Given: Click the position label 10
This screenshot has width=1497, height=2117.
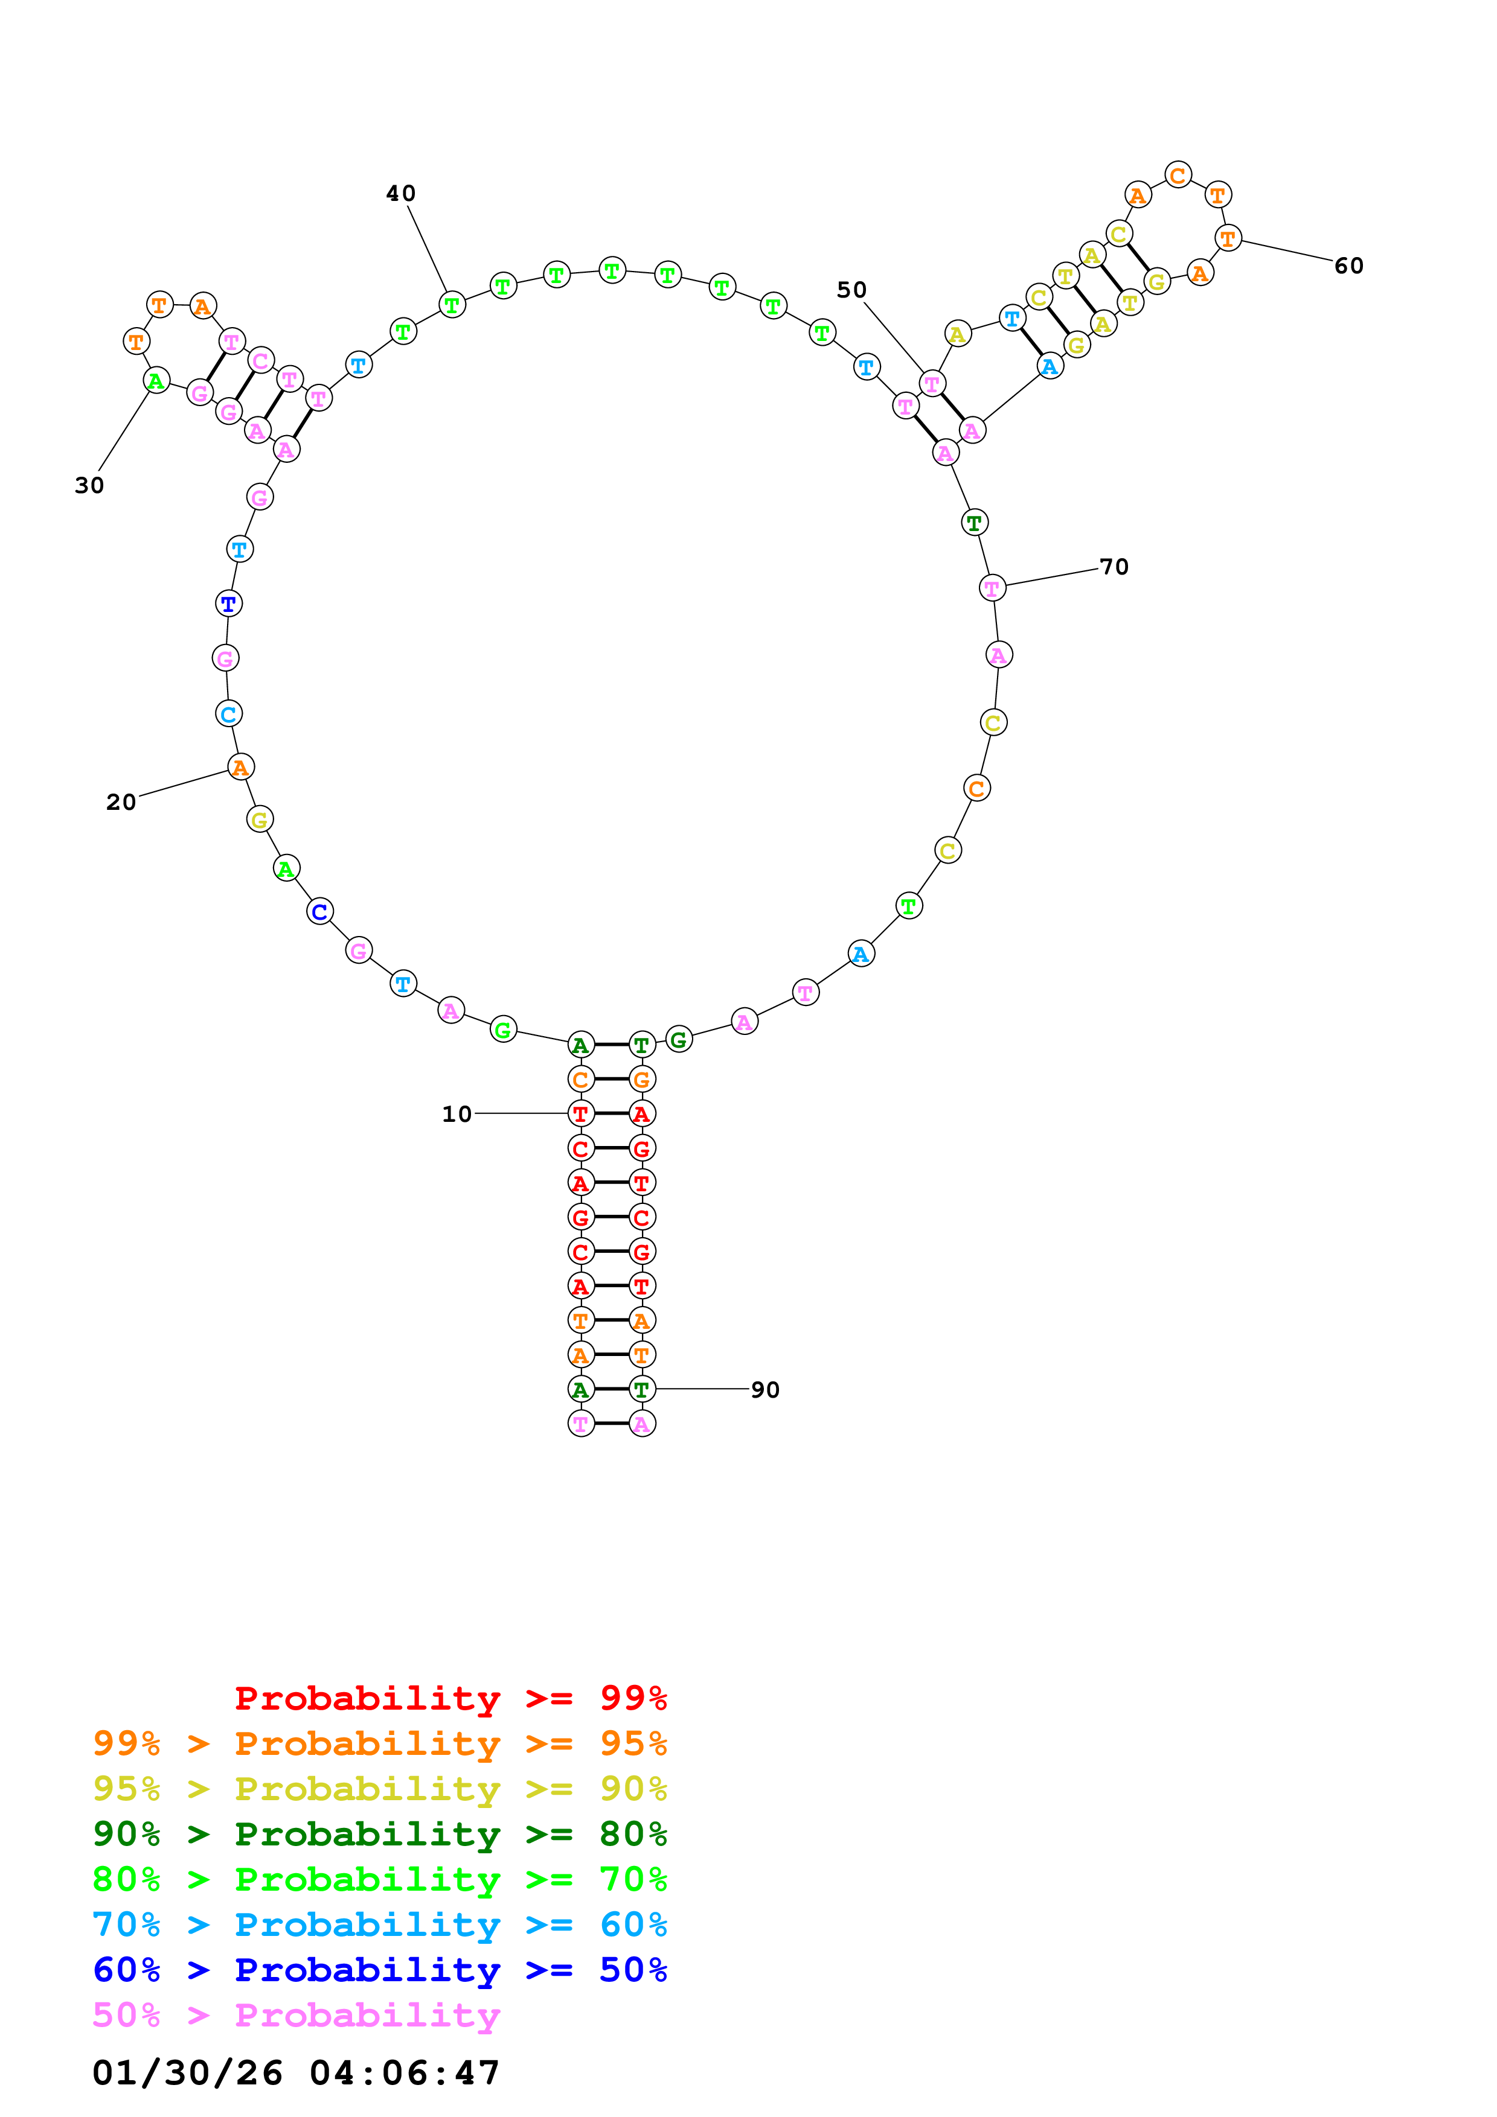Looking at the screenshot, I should click(x=457, y=1114).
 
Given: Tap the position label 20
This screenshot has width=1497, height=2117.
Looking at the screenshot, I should click(x=121, y=802).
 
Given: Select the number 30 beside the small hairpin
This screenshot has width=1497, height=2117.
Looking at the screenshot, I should click(x=89, y=485).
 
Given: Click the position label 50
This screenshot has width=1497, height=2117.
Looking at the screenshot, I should click(x=851, y=290).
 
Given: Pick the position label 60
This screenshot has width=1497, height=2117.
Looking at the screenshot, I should click(x=1348, y=266).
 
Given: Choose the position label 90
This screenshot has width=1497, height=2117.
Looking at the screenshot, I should click(x=765, y=1390).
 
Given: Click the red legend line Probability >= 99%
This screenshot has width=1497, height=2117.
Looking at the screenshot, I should click(x=450, y=1698).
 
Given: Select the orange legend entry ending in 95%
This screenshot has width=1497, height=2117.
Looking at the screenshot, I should click(x=380, y=1743).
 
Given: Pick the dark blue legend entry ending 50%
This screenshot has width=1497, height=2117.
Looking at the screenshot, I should click(x=380, y=1970).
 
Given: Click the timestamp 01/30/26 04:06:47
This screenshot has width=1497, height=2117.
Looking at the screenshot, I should click(x=296, y=2073).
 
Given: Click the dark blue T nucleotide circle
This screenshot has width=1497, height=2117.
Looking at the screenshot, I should click(x=228, y=604).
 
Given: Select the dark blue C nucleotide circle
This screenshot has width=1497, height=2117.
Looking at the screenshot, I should click(x=319, y=912).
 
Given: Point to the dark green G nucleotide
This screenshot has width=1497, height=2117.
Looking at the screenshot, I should click(x=679, y=1040).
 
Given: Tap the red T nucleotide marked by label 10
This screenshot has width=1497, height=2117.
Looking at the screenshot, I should click(x=580, y=1114).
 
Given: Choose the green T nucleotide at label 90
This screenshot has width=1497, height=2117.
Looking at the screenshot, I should click(x=642, y=1390).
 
